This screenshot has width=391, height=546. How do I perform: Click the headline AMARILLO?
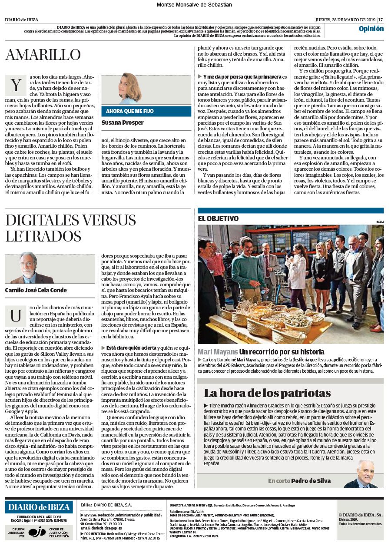point(43,55)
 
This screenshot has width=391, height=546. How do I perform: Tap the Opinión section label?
point(371,29)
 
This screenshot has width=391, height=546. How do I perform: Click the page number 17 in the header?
point(381,20)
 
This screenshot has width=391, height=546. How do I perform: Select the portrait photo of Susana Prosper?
point(130,89)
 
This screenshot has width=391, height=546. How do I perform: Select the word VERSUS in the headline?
point(103,220)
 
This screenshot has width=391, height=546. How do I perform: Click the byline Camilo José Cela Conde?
point(36,290)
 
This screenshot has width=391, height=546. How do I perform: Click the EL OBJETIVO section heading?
point(219,219)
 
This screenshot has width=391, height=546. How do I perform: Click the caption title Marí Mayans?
point(218,351)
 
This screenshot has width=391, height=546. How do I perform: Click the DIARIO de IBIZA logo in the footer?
point(39,507)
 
